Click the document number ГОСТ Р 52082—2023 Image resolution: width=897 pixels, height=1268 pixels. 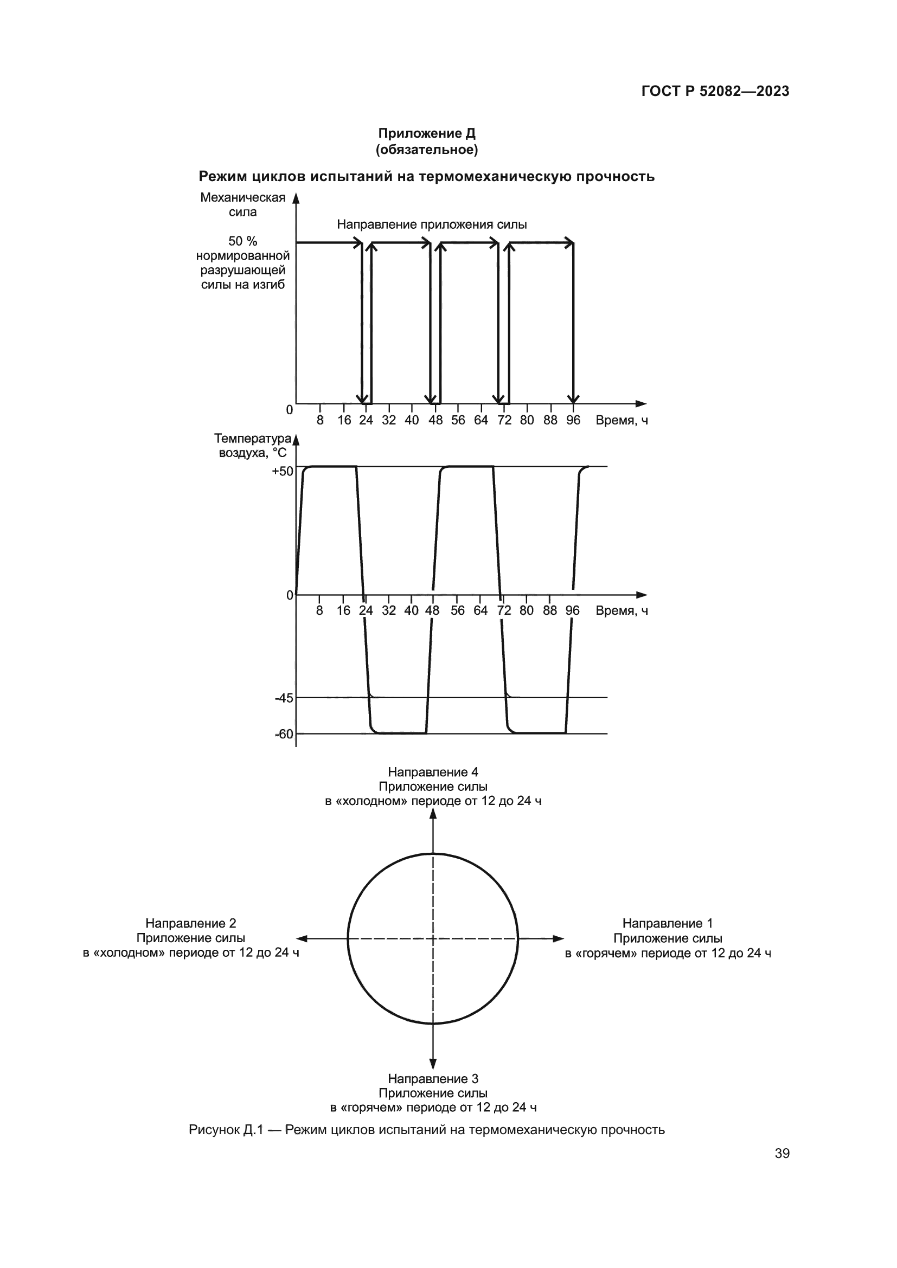715,92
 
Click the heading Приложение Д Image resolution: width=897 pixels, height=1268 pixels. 426,133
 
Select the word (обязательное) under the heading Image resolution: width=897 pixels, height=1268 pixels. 426,149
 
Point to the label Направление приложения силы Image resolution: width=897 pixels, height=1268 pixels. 432,224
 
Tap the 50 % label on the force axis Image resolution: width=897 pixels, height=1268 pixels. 243,241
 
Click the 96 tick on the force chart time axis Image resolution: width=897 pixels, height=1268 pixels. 573,420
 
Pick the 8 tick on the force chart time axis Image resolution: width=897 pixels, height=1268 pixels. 320,420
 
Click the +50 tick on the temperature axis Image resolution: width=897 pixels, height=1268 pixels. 282,471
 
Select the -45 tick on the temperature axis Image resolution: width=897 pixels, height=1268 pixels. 285,698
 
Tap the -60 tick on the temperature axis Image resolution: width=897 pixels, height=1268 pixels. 285,734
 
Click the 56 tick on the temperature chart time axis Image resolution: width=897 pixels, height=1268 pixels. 457,610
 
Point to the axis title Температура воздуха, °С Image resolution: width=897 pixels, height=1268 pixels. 253,446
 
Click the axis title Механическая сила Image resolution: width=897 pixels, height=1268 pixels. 243,205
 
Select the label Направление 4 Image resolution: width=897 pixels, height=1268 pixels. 433,772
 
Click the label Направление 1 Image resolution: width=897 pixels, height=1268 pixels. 668,923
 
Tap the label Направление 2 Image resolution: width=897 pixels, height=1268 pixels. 190,923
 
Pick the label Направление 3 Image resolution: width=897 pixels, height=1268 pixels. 433,1079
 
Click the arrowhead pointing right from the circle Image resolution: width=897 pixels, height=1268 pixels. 559,938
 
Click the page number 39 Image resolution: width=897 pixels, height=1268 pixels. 782,1153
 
